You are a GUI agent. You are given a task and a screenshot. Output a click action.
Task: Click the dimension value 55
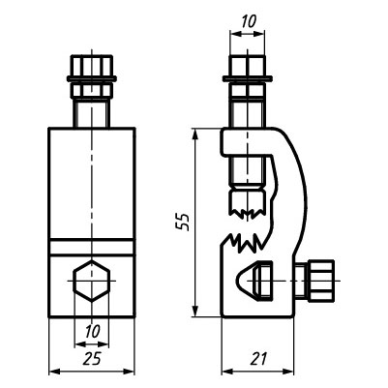[x=183, y=222]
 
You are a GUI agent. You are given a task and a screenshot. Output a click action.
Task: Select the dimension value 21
[x=258, y=359]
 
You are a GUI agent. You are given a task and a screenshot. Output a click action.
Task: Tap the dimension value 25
[x=92, y=359]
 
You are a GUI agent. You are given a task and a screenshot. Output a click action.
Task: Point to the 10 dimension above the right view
[x=249, y=21]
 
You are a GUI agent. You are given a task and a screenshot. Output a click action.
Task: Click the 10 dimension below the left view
[x=93, y=331]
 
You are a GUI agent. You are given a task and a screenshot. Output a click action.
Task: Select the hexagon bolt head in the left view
[x=92, y=281]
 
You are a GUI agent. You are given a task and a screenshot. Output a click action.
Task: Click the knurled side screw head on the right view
[x=320, y=281]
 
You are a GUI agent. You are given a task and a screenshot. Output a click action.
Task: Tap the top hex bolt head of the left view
[x=92, y=66]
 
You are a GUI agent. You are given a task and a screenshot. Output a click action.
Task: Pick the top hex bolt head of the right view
[x=247, y=66]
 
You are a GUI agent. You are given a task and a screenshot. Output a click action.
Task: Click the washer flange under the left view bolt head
[x=92, y=78]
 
